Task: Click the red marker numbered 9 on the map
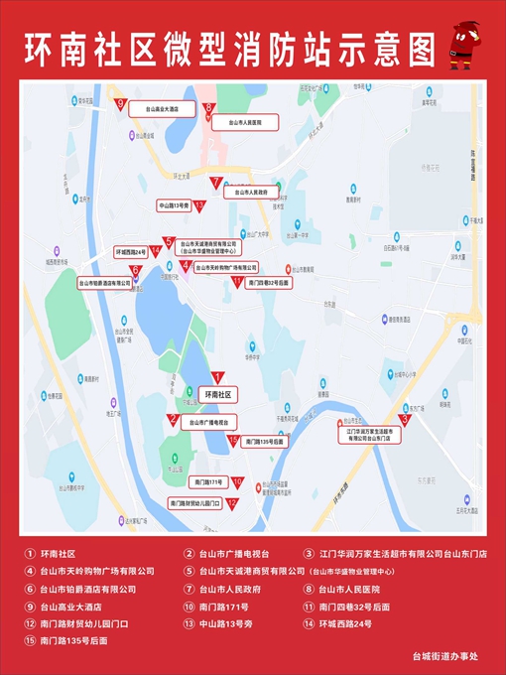coord(119,104)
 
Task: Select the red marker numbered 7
coord(215,183)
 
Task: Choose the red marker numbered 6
coord(134,271)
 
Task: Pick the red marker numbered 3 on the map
coord(405,419)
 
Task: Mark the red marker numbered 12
coord(231,503)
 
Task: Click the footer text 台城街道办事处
coord(445,657)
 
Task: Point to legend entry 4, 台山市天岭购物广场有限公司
coord(97,572)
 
